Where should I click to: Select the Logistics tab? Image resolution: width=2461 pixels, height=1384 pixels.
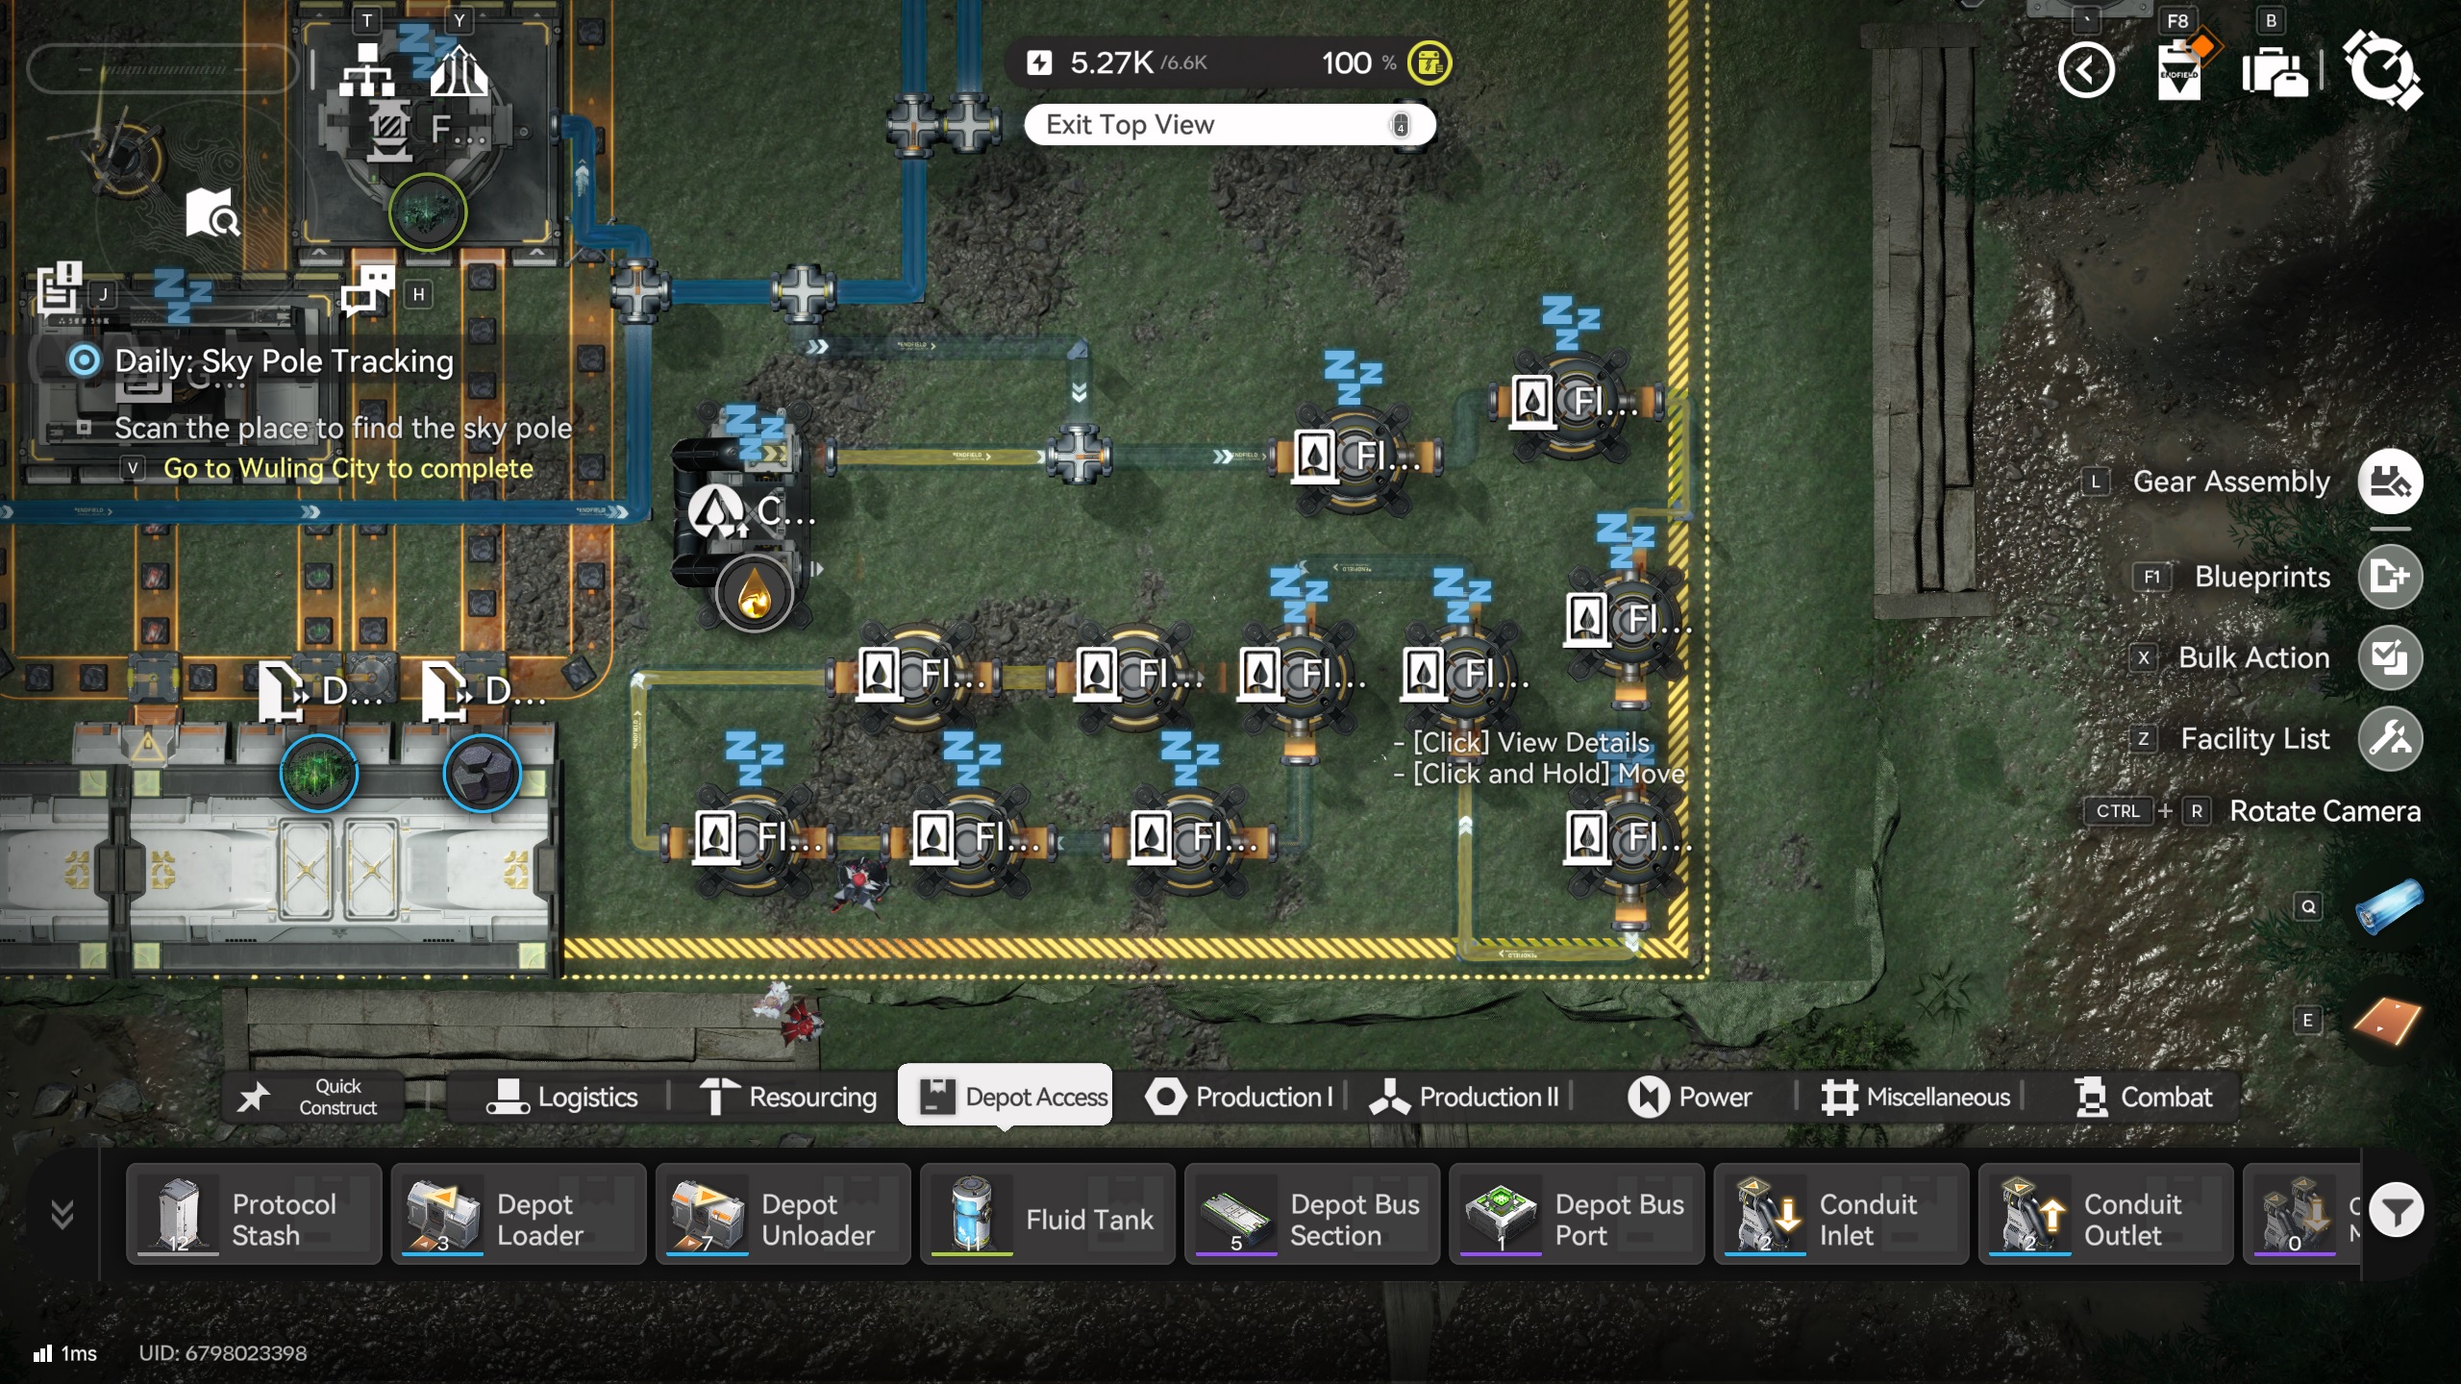[x=562, y=1097]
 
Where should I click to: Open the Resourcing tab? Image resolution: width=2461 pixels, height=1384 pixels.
[x=788, y=1097]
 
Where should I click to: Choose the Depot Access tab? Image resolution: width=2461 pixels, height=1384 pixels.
[x=1006, y=1097]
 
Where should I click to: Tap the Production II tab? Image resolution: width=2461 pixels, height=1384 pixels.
[x=1465, y=1097]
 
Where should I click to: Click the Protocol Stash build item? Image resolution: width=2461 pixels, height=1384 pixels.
[x=254, y=1215]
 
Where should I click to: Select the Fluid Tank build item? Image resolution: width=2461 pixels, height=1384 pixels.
[x=1047, y=1215]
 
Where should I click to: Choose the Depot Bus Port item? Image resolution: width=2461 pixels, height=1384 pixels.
[x=1576, y=1215]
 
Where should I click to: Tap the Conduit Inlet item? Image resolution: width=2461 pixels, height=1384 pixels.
[x=1840, y=1215]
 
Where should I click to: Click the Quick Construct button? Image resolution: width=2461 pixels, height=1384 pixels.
[x=312, y=1097]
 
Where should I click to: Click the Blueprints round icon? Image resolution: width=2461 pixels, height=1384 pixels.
[x=2390, y=577]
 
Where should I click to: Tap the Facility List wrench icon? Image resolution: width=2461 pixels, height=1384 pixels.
[x=2390, y=739]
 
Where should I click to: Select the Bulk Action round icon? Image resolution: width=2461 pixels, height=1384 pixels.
[x=2390, y=658]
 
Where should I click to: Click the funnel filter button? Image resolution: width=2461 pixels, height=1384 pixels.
[x=2396, y=1211]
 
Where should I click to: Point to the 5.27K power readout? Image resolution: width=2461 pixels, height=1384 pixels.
[x=1111, y=63]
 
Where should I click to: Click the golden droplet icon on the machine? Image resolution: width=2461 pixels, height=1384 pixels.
[x=755, y=594]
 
